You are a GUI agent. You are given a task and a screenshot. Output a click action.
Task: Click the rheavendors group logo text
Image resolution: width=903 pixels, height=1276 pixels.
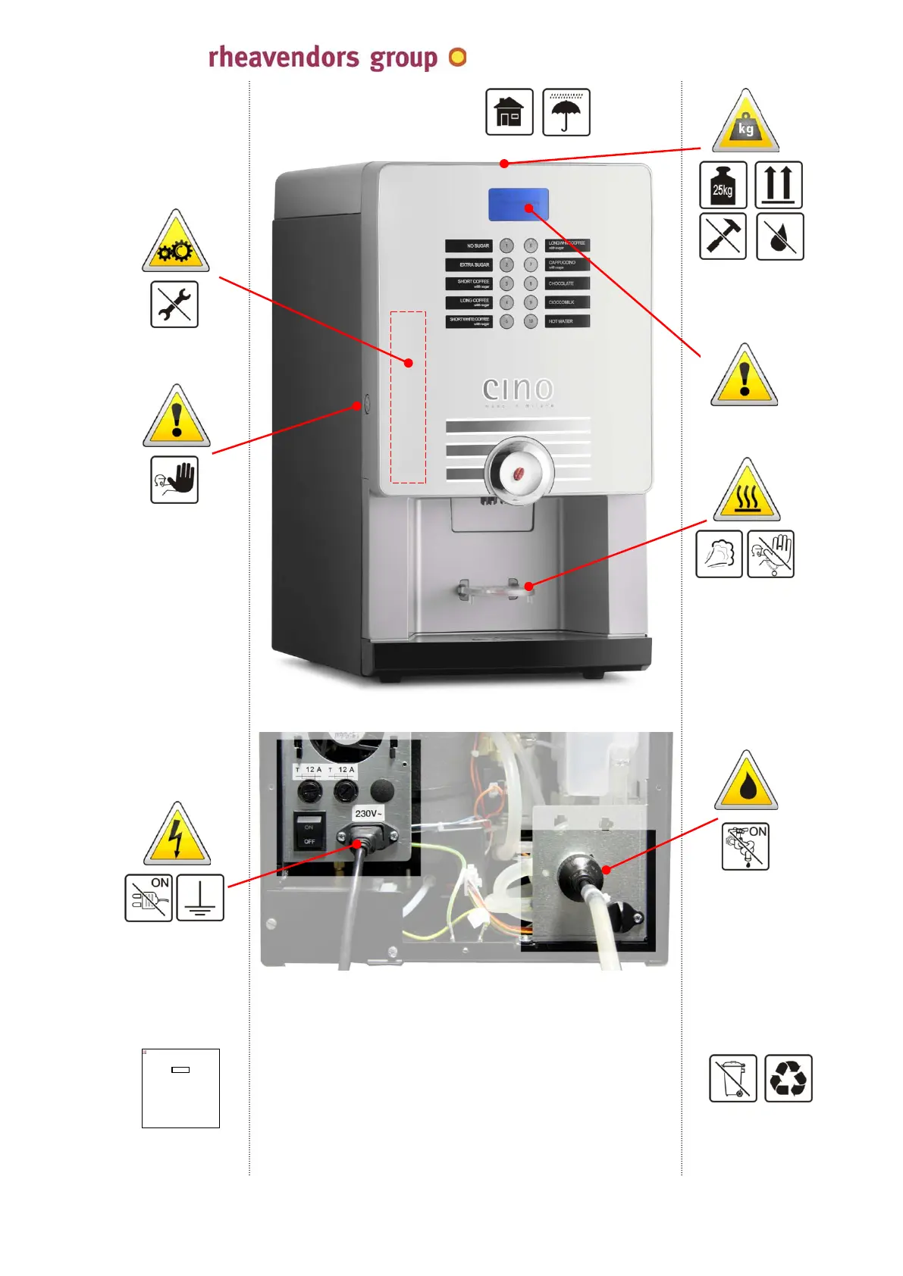[x=322, y=58]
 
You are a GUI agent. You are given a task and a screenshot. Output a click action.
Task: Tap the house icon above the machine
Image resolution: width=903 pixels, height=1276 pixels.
[x=509, y=112]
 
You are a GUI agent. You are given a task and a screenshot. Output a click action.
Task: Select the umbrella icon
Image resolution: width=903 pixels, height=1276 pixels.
[x=566, y=112]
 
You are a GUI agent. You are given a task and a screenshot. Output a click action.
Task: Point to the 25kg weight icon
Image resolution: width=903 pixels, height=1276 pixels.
[x=723, y=185]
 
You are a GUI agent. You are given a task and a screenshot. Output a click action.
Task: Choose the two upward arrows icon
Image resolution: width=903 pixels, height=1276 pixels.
[x=779, y=185]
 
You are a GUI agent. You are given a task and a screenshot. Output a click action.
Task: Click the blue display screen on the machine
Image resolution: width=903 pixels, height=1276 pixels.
[x=518, y=205]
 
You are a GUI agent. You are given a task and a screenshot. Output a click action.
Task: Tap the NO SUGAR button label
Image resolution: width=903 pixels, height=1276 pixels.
[x=469, y=246]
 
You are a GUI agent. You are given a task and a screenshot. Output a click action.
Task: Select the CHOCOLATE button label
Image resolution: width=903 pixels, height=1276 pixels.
[x=566, y=283]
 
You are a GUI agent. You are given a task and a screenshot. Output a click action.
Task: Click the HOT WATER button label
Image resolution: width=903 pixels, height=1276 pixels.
[x=566, y=321]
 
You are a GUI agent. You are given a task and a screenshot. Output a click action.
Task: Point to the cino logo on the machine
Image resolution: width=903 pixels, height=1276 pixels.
[x=518, y=389]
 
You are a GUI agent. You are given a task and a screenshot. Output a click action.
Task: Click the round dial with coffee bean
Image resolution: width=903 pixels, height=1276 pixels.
[x=519, y=471]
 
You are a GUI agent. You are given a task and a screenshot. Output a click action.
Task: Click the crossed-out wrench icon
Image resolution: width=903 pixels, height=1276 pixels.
[x=174, y=305]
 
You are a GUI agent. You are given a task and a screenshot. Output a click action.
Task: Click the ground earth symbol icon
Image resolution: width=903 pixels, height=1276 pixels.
[x=200, y=898]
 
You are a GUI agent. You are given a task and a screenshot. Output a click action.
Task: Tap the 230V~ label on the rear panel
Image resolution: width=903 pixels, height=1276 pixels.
[x=368, y=814]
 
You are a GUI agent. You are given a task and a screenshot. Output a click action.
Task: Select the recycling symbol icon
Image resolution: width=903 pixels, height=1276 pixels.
[x=789, y=1078]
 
